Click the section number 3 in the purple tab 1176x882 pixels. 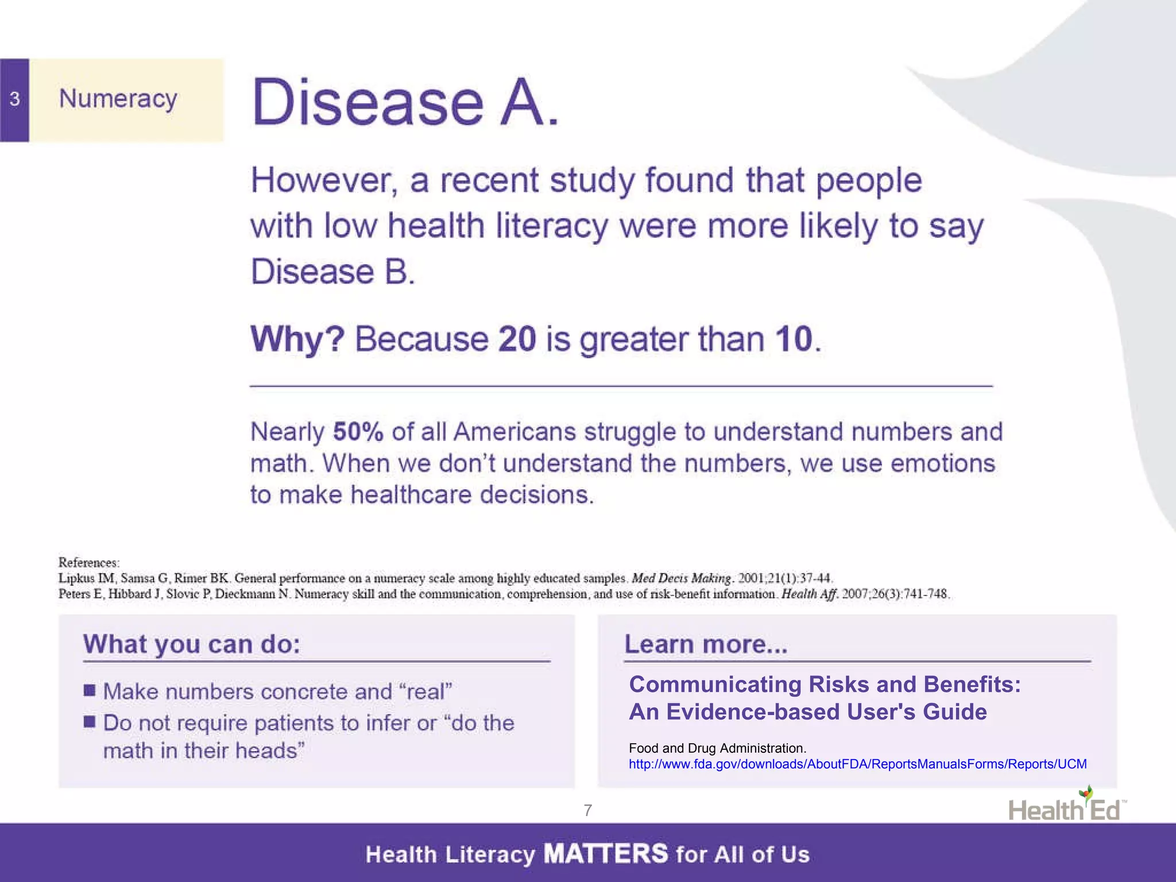pyautogui.click(x=14, y=99)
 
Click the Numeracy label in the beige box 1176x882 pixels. pyautogui.click(x=118, y=99)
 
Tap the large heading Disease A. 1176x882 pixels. pyautogui.click(x=405, y=103)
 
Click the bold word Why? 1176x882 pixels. pyautogui.click(x=297, y=339)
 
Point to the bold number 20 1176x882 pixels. pyautogui.click(x=517, y=339)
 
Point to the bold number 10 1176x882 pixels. pyautogui.click(x=794, y=339)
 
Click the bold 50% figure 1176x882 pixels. pyautogui.click(x=358, y=432)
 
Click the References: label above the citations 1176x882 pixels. pyautogui.click(x=89, y=563)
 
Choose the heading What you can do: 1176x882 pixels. pyautogui.click(x=192, y=644)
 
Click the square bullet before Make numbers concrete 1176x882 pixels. pyautogui.click(x=90, y=690)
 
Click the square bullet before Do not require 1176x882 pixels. pyautogui.click(x=90, y=721)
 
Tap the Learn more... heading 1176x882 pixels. pyautogui.click(x=706, y=644)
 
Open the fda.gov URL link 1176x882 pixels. pyautogui.click(x=857, y=764)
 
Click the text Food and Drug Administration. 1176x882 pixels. pyautogui.click(x=717, y=748)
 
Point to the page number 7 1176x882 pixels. pyautogui.click(x=587, y=810)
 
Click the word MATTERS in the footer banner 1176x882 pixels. pyautogui.click(x=606, y=854)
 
